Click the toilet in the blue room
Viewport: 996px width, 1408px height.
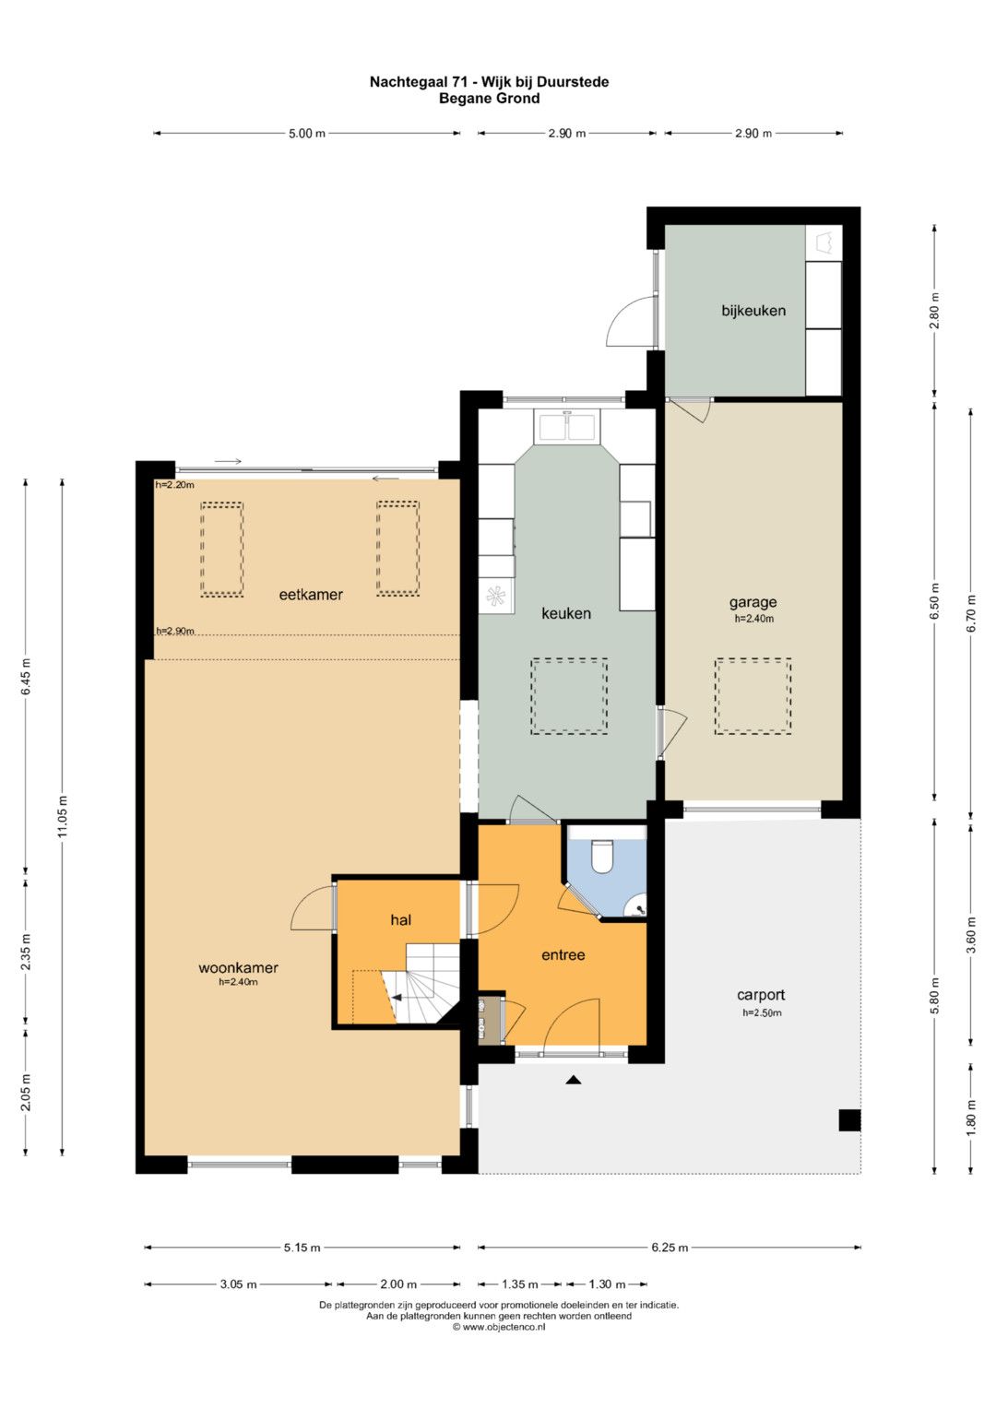[601, 856]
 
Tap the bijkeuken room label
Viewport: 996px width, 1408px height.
[753, 311]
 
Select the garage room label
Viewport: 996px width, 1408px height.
[753, 602]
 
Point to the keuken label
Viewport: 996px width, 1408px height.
[566, 613]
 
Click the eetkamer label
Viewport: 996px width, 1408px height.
[311, 594]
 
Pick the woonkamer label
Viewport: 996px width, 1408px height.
[238, 967]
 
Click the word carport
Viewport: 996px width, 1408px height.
[761, 995]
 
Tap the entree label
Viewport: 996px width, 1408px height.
[563, 954]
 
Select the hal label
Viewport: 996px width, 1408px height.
[400, 920]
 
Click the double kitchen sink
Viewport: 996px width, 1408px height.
[567, 426]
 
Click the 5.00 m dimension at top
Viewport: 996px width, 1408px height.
[307, 134]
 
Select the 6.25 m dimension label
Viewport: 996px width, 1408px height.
[669, 1247]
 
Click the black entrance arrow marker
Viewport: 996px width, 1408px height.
[572, 1080]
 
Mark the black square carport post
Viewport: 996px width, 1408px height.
[849, 1120]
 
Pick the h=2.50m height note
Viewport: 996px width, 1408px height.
[762, 1012]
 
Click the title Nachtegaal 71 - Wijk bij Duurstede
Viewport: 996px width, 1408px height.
[489, 82]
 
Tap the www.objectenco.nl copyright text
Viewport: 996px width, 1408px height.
[499, 1327]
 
